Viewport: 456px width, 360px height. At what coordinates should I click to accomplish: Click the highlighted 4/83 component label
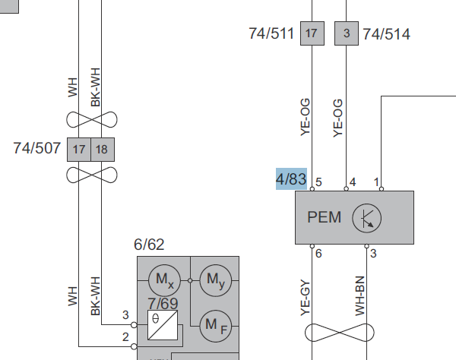pos(291,178)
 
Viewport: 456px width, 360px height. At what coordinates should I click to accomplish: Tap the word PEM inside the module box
pos(324,217)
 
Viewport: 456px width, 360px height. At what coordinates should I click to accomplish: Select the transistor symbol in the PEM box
pos(367,218)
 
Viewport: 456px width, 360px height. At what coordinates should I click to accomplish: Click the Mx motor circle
pos(165,280)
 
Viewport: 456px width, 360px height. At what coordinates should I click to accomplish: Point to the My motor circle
pos(216,280)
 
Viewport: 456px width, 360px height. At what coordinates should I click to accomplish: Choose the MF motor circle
pos(216,326)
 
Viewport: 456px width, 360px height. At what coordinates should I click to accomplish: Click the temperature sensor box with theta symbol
pos(163,325)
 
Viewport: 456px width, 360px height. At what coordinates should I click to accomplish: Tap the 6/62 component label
pos(149,245)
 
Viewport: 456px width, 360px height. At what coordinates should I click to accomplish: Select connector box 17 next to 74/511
pos(312,33)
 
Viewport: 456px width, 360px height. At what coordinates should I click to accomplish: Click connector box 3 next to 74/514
pos(347,33)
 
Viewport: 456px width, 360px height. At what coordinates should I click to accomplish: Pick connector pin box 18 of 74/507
pos(103,150)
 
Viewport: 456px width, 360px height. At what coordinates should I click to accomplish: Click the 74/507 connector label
pos(37,148)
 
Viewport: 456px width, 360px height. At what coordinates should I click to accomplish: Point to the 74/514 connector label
pos(387,34)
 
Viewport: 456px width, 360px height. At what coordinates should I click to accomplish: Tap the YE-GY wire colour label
pos(306,298)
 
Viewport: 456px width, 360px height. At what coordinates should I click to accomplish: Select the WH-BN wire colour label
pos(360,296)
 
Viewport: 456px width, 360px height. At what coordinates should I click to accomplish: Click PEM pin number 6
pos(318,254)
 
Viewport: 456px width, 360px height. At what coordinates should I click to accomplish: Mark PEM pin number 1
pos(376,182)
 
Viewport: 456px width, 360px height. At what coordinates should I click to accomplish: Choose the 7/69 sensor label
pos(163,303)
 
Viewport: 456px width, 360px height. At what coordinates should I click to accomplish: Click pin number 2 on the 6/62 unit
pos(125,337)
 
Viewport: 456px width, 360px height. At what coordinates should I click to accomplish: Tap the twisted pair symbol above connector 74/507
pos(92,119)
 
